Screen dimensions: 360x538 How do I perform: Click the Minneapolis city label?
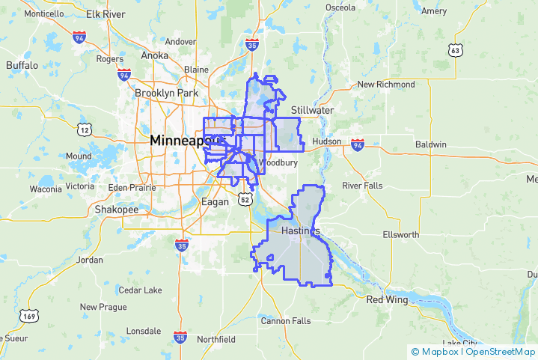(x=186, y=141)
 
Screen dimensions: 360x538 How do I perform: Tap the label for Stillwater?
(x=312, y=110)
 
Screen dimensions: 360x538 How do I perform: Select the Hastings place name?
(x=301, y=231)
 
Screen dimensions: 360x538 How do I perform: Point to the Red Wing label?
(x=385, y=299)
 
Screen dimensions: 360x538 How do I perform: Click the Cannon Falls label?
(x=285, y=321)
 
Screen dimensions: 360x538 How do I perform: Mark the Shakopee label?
(x=116, y=210)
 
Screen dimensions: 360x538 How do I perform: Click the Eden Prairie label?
(x=129, y=187)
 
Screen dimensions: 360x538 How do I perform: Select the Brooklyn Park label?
(x=165, y=93)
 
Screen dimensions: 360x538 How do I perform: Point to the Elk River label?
(x=106, y=14)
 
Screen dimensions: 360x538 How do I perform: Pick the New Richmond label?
(x=385, y=85)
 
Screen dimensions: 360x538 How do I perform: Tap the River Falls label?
(x=361, y=185)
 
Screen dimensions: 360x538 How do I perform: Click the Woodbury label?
(x=278, y=162)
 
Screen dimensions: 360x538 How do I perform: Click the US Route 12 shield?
(x=85, y=129)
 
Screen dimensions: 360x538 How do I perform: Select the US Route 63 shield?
(x=455, y=50)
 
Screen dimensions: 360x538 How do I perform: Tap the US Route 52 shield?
(x=245, y=198)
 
